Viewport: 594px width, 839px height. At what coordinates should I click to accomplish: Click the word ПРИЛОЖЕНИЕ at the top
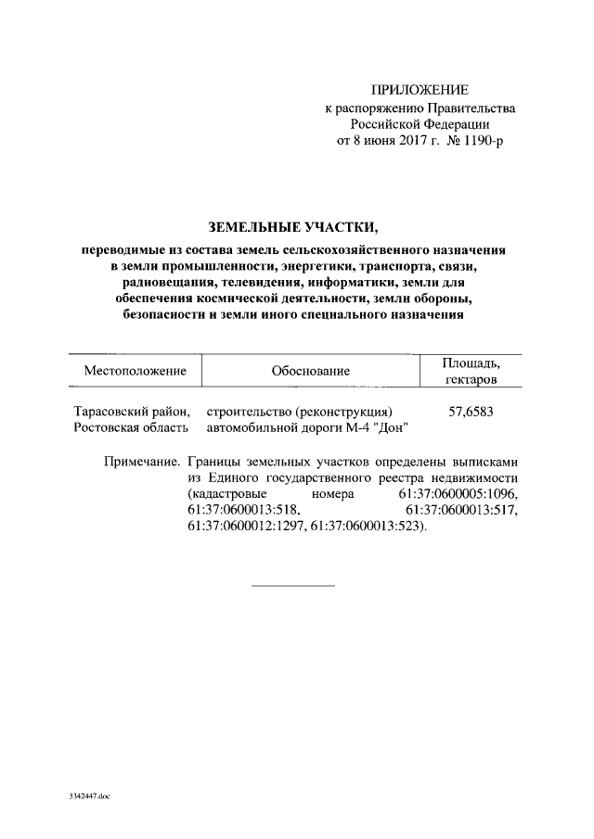pyautogui.click(x=420, y=90)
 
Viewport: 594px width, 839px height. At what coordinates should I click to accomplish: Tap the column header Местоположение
pyautogui.click(x=136, y=371)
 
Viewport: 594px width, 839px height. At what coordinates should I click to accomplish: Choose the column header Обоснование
pyautogui.click(x=310, y=371)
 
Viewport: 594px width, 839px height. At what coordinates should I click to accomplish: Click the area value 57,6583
pyautogui.click(x=471, y=412)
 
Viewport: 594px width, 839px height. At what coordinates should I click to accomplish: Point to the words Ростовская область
pyautogui.click(x=131, y=427)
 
